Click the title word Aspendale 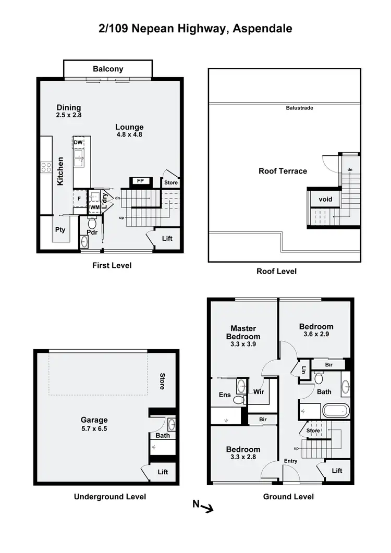click(x=263, y=29)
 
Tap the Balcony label click(x=108, y=69)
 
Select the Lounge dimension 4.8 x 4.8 click(x=129, y=134)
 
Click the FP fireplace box click(x=140, y=181)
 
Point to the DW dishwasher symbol click(x=78, y=142)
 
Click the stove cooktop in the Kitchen click(x=46, y=167)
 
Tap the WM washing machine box click(x=95, y=207)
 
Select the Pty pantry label click(x=60, y=229)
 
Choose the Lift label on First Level click(x=167, y=239)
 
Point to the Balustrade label click(x=299, y=108)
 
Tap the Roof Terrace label click(x=283, y=171)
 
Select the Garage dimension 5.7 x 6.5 click(x=94, y=428)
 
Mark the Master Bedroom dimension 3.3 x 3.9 click(x=243, y=344)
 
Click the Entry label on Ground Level click(x=290, y=461)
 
